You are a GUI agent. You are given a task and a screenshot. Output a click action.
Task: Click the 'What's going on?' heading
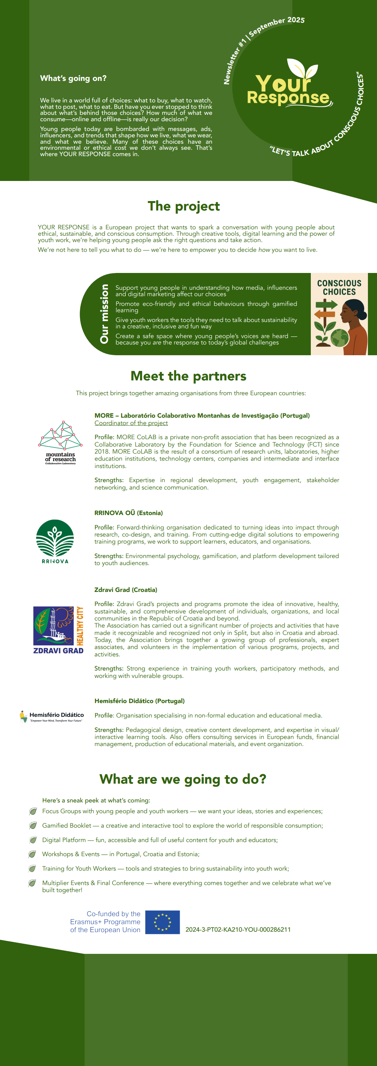pyautogui.click(x=73, y=78)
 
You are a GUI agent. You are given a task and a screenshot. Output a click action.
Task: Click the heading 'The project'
pyautogui.click(x=183, y=206)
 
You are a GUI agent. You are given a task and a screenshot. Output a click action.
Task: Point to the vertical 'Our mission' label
pyautogui.click(x=104, y=314)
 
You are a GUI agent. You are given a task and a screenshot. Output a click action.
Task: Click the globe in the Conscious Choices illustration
pyautogui.click(x=340, y=338)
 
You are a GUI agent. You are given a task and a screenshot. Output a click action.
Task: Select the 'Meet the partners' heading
pyautogui.click(x=188, y=376)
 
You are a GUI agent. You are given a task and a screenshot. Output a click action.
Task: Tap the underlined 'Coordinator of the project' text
pyautogui.click(x=131, y=423)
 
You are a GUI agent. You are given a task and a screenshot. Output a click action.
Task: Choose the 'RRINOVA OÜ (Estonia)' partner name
pyautogui.click(x=128, y=513)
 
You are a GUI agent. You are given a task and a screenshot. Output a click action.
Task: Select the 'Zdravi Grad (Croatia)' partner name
pyautogui.click(x=126, y=590)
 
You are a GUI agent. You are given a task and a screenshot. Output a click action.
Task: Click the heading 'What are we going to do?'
pyautogui.click(x=183, y=779)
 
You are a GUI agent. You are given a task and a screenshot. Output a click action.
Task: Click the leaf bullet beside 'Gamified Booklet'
pyautogui.click(x=33, y=826)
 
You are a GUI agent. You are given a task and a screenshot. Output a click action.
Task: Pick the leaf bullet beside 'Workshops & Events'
pyautogui.click(x=32, y=854)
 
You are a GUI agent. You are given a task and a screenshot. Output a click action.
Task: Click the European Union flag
pyautogui.click(x=162, y=922)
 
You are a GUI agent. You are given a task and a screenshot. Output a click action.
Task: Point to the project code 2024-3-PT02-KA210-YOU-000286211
pyautogui.click(x=238, y=929)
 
